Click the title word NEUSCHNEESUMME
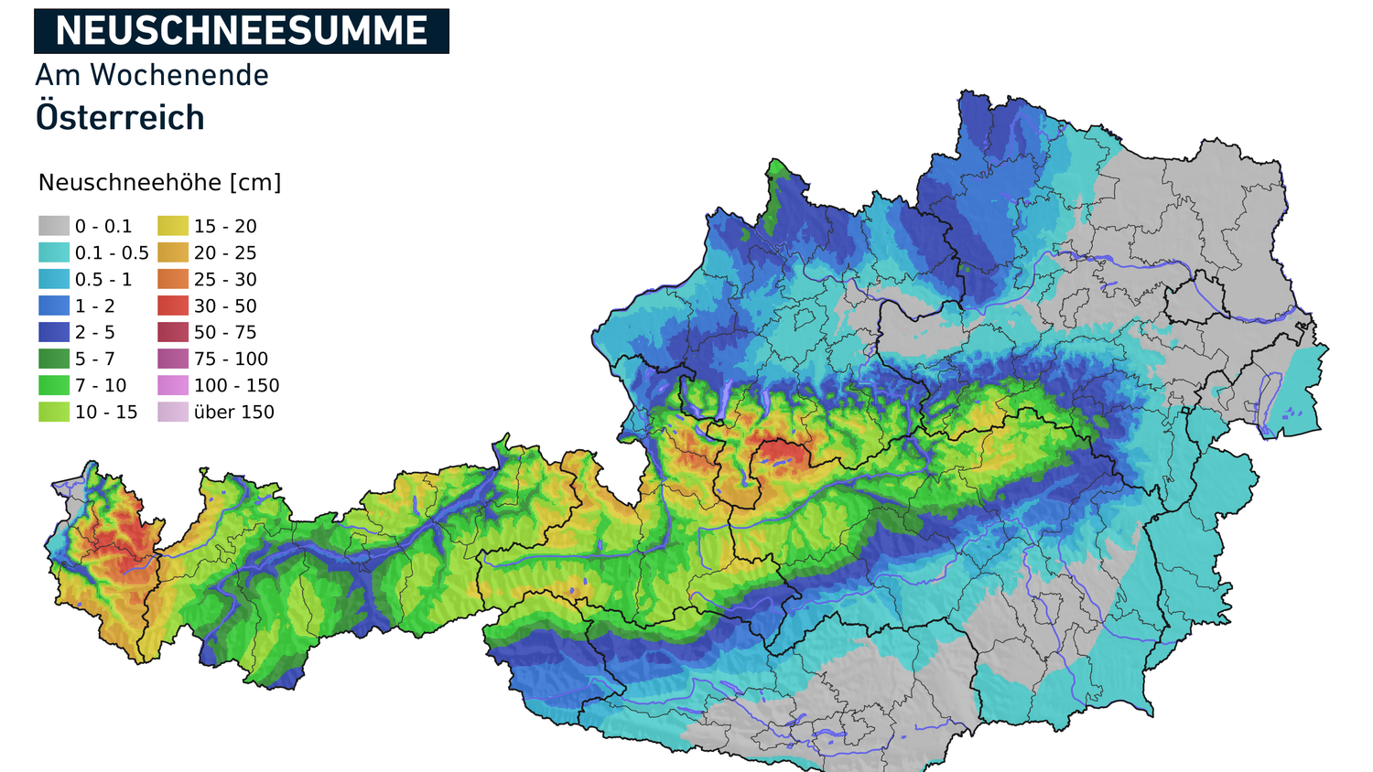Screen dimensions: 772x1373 tap(242, 31)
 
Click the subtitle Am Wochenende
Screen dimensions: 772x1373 tap(152, 75)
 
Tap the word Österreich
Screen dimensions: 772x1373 tap(120, 118)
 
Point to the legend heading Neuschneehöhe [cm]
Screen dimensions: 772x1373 tap(159, 183)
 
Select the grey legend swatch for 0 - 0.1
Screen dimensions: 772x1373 tap(54, 226)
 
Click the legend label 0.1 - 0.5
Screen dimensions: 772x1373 tap(112, 252)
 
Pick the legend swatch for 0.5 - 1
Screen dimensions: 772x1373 tap(54, 279)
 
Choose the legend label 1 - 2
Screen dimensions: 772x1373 tap(95, 306)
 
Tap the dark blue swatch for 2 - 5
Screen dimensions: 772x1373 tap(54, 332)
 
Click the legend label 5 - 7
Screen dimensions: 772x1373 tap(95, 359)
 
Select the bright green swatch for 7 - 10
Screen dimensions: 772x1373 tap(54, 385)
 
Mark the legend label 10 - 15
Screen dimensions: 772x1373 tap(106, 412)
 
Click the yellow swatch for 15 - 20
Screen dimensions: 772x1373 tap(173, 226)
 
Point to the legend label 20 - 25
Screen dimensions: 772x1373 tap(225, 252)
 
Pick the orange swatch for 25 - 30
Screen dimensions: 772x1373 tap(173, 279)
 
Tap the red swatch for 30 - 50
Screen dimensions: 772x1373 tap(173, 306)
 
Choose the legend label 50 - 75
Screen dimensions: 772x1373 tap(225, 332)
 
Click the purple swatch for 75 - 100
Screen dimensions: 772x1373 tap(173, 359)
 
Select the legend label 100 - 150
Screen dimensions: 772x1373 tap(236, 385)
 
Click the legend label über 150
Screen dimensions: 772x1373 tap(233, 412)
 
